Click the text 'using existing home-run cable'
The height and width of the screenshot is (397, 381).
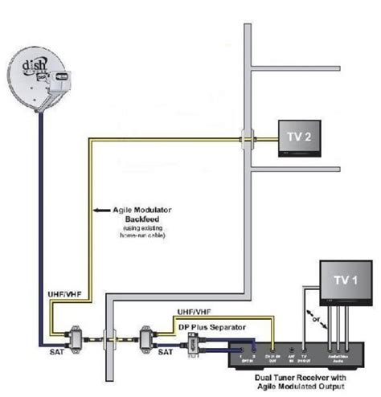pos(133,232)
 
